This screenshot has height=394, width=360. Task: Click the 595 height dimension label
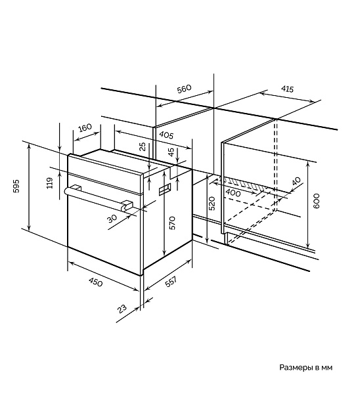pyautogui.click(x=16, y=186)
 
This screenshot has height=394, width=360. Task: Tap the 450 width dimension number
pyautogui.click(x=95, y=282)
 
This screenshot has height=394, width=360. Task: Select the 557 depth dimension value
pyautogui.click(x=171, y=282)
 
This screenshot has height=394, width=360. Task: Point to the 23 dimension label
pyautogui.click(x=122, y=309)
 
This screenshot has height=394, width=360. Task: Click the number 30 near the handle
pyautogui.click(x=112, y=219)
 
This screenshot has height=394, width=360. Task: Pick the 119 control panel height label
pyautogui.click(x=50, y=183)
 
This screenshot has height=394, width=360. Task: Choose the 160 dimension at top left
pyautogui.click(x=85, y=127)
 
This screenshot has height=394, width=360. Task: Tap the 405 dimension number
pyautogui.click(x=166, y=135)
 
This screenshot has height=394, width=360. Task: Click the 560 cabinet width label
pyautogui.click(x=185, y=89)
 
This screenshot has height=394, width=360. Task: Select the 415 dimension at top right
pyautogui.click(x=287, y=89)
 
